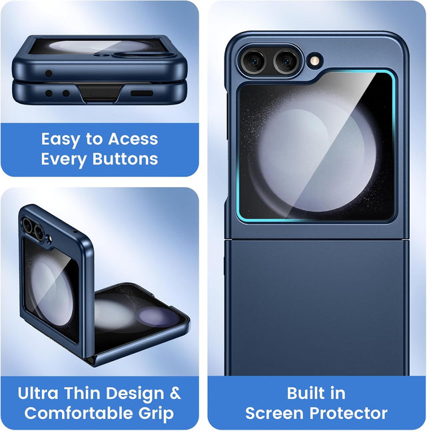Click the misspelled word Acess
[x=133, y=139]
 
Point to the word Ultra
[x=38, y=393]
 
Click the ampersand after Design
[x=175, y=393]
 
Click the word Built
[x=303, y=393]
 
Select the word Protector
[x=348, y=413]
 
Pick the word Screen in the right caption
[x=275, y=413]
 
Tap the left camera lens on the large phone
[x=254, y=62]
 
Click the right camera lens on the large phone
[x=286, y=61]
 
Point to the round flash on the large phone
[x=315, y=61]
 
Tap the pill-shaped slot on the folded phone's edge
[x=142, y=93]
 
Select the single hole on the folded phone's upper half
[x=49, y=73]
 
